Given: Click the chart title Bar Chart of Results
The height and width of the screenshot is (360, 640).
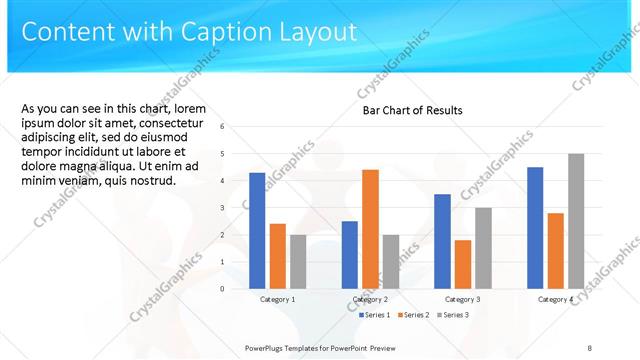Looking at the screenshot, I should [x=412, y=110].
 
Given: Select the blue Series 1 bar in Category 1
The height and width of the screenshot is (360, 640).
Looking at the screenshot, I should [x=257, y=230].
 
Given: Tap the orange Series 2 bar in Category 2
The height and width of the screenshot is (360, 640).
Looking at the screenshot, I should [x=370, y=228].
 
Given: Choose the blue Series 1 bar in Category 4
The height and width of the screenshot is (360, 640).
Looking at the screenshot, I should [x=535, y=227].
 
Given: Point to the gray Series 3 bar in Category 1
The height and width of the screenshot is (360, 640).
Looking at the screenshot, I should [x=298, y=261].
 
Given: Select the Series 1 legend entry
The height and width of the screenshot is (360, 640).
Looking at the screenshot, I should [x=375, y=315].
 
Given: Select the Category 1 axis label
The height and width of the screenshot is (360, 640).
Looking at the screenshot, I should [x=277, y=299].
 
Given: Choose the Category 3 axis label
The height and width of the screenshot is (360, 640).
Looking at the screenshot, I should [x=462, y=299].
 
